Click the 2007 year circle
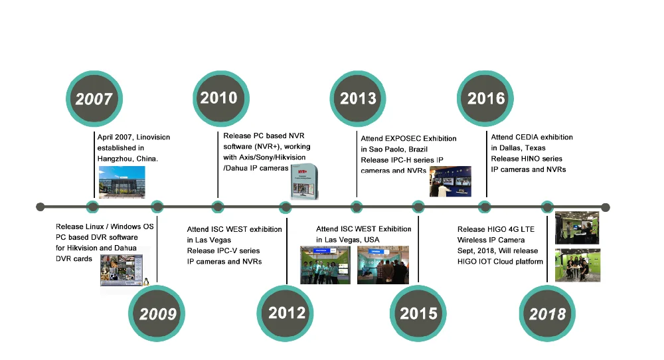click(94, 99)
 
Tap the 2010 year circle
click(220, 99)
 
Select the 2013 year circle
click(358, 99)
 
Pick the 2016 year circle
click(485, 99)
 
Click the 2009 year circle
click(157, 314)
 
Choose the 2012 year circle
click(285, 314)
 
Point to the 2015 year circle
click(418, 314)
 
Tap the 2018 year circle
click(547, 314)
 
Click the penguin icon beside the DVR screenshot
click(146, 281)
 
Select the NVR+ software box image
click(305, 182)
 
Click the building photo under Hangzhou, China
click(122, 182)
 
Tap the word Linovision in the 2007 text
click(153, 137)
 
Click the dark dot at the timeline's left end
click(41, 207)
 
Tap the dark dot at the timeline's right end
click(606, 207)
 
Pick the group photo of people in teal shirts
click(325, 265)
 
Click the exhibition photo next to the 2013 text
click(450, 181)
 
